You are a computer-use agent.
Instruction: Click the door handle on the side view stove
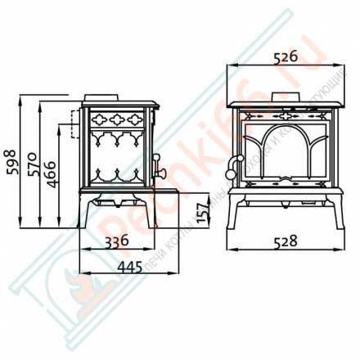click(161, 173)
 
